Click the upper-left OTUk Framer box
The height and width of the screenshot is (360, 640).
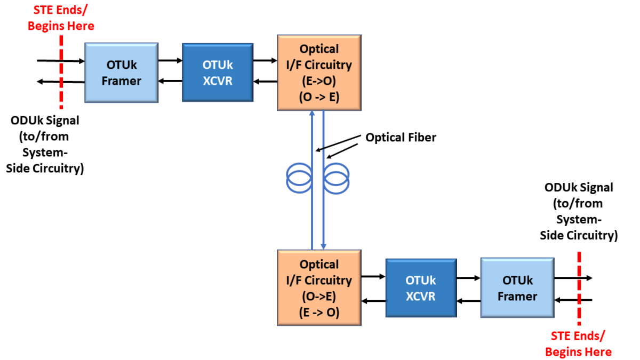122,73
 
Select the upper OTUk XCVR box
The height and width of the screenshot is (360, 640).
218,73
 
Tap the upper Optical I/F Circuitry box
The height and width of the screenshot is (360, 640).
319,73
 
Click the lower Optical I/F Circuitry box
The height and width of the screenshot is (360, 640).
319,288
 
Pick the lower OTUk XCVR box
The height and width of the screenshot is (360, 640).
421,288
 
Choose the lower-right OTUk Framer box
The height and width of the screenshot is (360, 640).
517,288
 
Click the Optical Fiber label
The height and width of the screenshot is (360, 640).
401,138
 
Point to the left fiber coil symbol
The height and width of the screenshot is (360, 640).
300,177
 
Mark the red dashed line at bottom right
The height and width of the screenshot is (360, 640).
579,288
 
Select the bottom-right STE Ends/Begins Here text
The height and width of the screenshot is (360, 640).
578,343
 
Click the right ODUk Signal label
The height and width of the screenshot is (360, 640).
579,211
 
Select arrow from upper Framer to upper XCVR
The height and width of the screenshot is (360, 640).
170,61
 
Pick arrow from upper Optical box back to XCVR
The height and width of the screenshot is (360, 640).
265,82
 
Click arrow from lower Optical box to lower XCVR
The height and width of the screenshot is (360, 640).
373,277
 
